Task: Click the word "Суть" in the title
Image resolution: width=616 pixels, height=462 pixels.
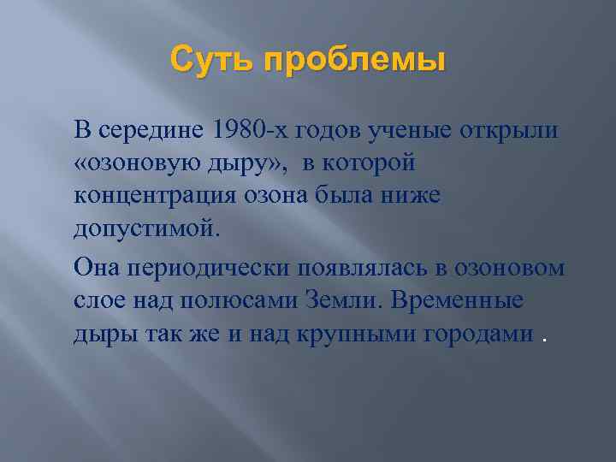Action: (x=208, y=61)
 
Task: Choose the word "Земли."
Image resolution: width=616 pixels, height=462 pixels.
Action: (x=349, y=301)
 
